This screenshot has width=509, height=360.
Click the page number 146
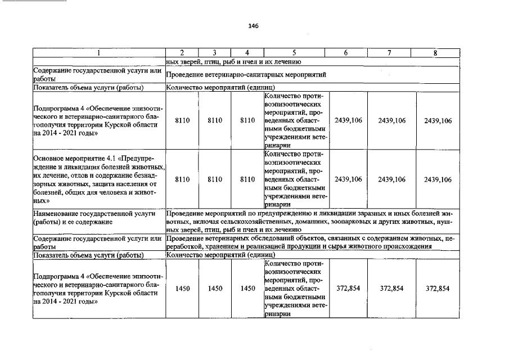pos(253,26)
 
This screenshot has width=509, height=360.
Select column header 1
pos(98,53)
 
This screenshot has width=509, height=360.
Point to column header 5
pos(294,53)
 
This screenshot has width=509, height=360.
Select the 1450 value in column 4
pos(247,289)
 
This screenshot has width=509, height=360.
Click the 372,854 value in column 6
pos(347,289)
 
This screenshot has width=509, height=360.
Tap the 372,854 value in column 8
pos(438,289)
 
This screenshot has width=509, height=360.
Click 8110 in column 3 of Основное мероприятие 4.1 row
pos(215,179)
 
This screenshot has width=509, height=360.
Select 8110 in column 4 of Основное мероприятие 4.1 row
pos(247,179)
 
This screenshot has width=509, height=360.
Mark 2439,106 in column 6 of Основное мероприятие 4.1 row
pos(348,179)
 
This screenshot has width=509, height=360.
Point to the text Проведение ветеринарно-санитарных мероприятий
pos(246,74)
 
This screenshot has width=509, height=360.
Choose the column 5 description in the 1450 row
pos(294,289)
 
